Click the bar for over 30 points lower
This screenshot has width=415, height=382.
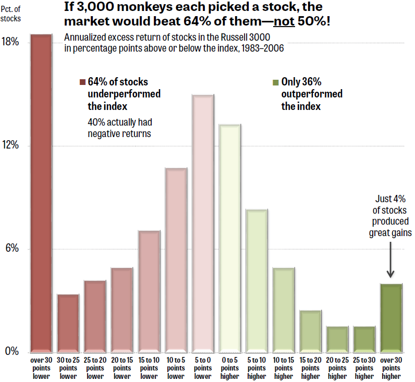[41, 193]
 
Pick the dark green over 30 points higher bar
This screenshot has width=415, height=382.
[391, 317]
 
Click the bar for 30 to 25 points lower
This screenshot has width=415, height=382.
[68, 323]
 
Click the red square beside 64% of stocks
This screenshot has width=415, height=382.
[82, 82]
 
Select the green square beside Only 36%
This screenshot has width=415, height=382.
[276, 82]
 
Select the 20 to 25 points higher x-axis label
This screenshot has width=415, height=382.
[337, 368]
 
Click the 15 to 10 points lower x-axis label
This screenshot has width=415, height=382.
[149, 368]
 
